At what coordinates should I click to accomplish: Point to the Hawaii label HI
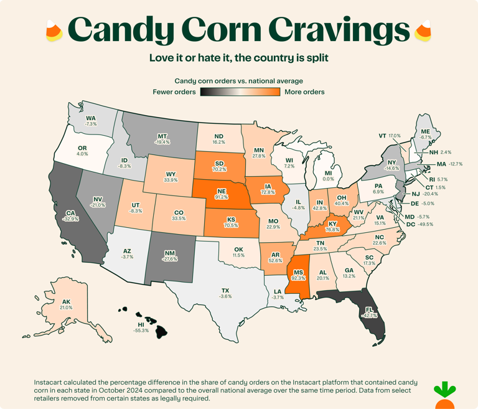[x=141, y=324]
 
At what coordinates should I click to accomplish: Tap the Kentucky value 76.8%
[x=332, y=229]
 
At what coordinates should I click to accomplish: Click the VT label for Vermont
[x=383, y=135]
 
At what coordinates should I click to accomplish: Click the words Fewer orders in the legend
[x=174, y=92]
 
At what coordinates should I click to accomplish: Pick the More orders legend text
[x=304, y=92]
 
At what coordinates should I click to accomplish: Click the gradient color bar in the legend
[x=240, y=92]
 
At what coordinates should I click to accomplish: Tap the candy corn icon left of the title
[x=54, y=29]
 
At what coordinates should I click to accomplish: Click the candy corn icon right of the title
[x=424, y=29]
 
